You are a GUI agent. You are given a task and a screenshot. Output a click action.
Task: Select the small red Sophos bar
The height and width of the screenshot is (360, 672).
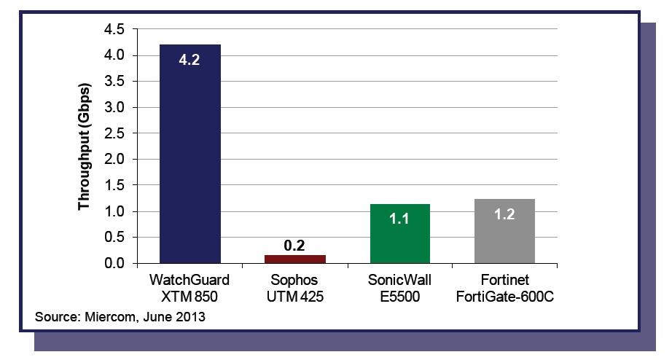[296, 259]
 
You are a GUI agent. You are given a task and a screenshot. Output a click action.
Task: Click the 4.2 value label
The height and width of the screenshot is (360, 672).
[190, 60]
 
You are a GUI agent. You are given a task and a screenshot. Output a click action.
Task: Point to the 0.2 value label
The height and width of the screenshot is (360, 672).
[296, 244]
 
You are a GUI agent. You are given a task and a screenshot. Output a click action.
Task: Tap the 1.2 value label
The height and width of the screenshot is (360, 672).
[504, 214]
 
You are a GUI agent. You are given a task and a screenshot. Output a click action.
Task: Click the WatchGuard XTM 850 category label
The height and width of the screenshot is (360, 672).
[190, 287]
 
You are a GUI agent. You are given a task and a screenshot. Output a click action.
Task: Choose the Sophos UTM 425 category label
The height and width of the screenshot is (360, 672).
[296, 287]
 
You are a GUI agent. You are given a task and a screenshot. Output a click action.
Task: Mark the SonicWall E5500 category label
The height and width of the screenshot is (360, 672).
[400, 287]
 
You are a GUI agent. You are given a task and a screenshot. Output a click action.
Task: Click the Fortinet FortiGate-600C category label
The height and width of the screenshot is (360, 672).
[504, 287]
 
